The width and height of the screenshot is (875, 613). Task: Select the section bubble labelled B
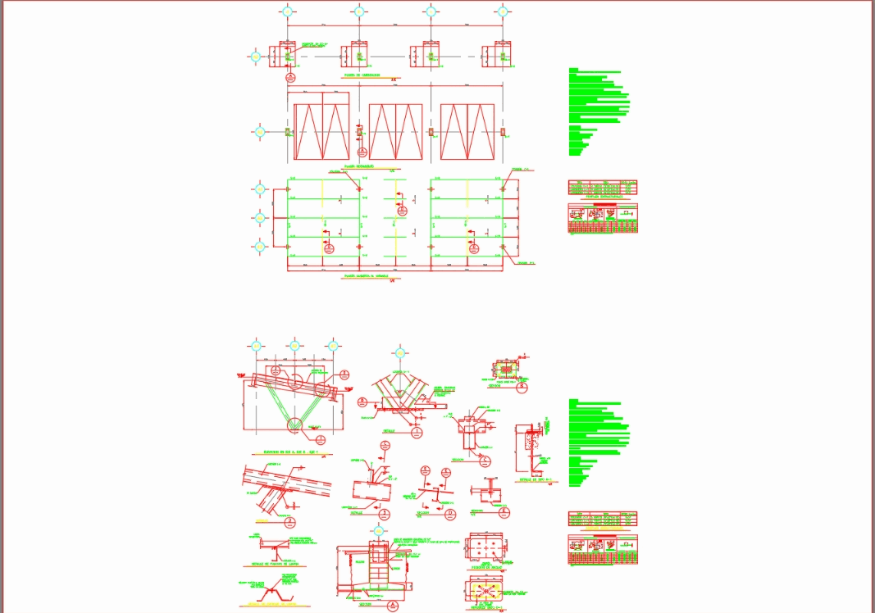522,387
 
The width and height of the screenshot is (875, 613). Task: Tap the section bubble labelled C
485,461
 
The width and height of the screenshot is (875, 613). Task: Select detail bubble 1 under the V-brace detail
417,433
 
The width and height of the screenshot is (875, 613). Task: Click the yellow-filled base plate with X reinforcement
485,591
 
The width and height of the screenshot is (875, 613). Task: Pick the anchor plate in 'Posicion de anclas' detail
486,549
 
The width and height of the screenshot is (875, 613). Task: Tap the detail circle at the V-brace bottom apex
295,425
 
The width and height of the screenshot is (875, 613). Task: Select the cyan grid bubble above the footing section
378,529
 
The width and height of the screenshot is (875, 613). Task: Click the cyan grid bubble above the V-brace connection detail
399,352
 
